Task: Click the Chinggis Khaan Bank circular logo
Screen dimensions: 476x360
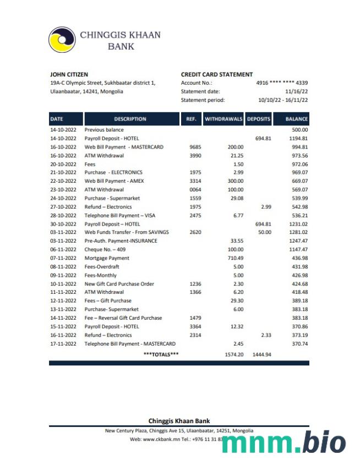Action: pos(62,40)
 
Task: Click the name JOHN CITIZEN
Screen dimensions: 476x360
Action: pos(69,74)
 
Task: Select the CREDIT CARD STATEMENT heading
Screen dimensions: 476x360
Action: pos(216,74)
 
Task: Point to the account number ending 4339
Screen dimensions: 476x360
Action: pos(282,83)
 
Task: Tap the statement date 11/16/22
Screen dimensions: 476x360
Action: pos(296,91)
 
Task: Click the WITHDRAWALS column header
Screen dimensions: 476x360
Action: pos(223,119)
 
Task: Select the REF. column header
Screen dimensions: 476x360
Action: pos(191,119)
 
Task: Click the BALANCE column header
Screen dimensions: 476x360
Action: pos(296,119)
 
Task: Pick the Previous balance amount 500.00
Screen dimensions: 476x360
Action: pos(299,130)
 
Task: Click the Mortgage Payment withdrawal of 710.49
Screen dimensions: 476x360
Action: pos(235,258)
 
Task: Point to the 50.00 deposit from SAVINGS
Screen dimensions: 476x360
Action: pos(265,232)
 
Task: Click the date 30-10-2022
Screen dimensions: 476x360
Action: pos(63,224)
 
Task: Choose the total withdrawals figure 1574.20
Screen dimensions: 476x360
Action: pos(234,354)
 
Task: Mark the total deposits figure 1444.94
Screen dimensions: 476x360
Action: pos(261,354)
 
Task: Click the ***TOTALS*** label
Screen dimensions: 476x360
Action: pos(161,354)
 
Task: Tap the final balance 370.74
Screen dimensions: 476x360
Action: pos(299,343)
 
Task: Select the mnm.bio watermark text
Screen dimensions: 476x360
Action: pos(284,444)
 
